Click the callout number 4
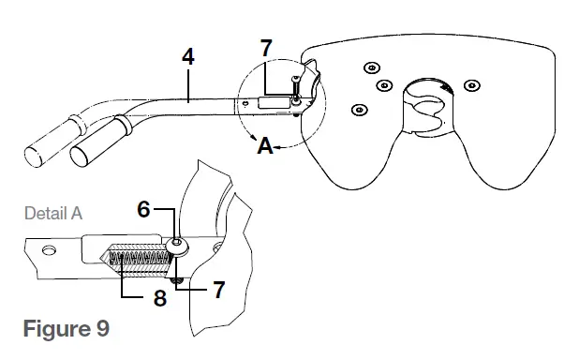[x=187, y=56]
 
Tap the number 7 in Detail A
[x=218, y=290]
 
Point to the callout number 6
[x=143, y=209]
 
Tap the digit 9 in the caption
[x=102, y=330]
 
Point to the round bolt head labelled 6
[x=178, y=246]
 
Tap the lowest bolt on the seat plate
[x=359, y=110]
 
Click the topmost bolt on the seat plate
[x=372, y=67]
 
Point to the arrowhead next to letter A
[x=282, y=144]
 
